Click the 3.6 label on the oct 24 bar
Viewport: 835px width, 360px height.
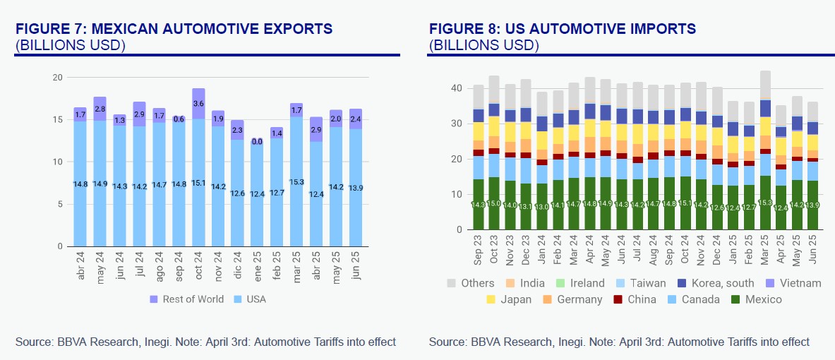pyautogui.click(x=198, y=104)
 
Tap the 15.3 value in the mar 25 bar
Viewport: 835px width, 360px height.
pyautogui.click(x=296, y=181)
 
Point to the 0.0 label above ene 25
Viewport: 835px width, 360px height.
pyautogui.click(x=257, y=141)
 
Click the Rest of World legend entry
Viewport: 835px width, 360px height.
pyautogui.click(x=186, y=299)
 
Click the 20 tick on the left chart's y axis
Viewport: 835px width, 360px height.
pyautogui.click(x=59, y=77)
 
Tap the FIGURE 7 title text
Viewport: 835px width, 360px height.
pyautogui.click(x=174, y=29)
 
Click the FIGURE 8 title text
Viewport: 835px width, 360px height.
pyautogui.click(x=562, y=29)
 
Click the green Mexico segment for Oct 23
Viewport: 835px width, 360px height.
pyautogui.click(x=494, y=203)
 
